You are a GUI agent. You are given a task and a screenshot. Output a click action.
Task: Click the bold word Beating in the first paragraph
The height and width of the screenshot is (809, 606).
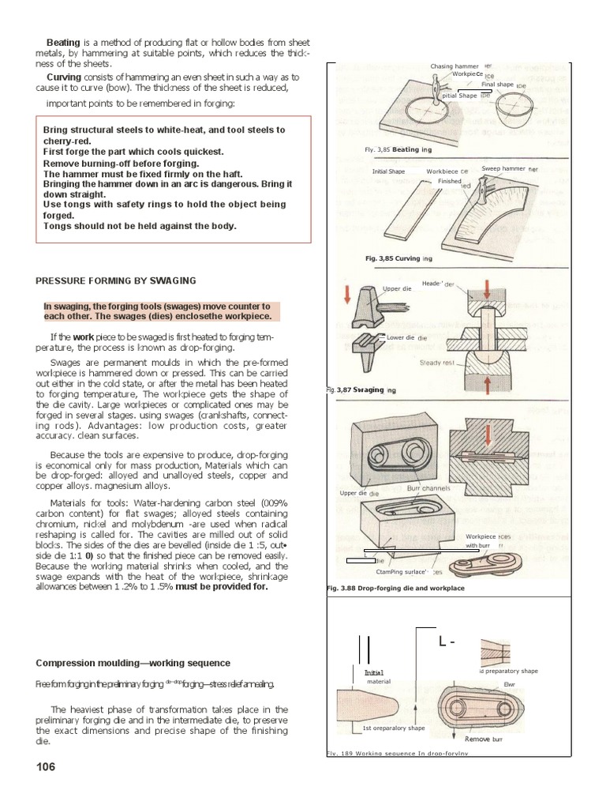pyautogui.click(x=63, y=42)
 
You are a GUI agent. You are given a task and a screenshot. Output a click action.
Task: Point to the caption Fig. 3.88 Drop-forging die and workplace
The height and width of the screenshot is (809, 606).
pyautogui.click(x=395, y=589)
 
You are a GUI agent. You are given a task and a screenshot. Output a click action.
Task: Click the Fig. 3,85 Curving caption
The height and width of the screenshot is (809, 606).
pyautogui.click(x=398, y=258)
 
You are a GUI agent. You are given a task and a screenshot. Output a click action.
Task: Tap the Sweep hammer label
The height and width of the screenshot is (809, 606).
pyautogui.click(x=505, y=169)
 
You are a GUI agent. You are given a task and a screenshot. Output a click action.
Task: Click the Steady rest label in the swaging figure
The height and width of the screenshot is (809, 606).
pyautogui.click(x=436, y=363)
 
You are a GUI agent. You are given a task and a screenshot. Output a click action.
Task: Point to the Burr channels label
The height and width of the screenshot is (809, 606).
pyautogui.click(x=428, y=489)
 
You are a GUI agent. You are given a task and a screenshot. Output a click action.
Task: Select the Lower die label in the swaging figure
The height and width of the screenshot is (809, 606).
pyautogui.click(x=401, y=337)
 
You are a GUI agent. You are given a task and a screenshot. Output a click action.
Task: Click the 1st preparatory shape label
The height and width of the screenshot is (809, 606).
pyautogui.click(x=393, y=728)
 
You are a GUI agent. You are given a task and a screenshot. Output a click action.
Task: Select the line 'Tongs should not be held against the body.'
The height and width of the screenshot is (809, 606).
pyautogui.click(x=140, y=225)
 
